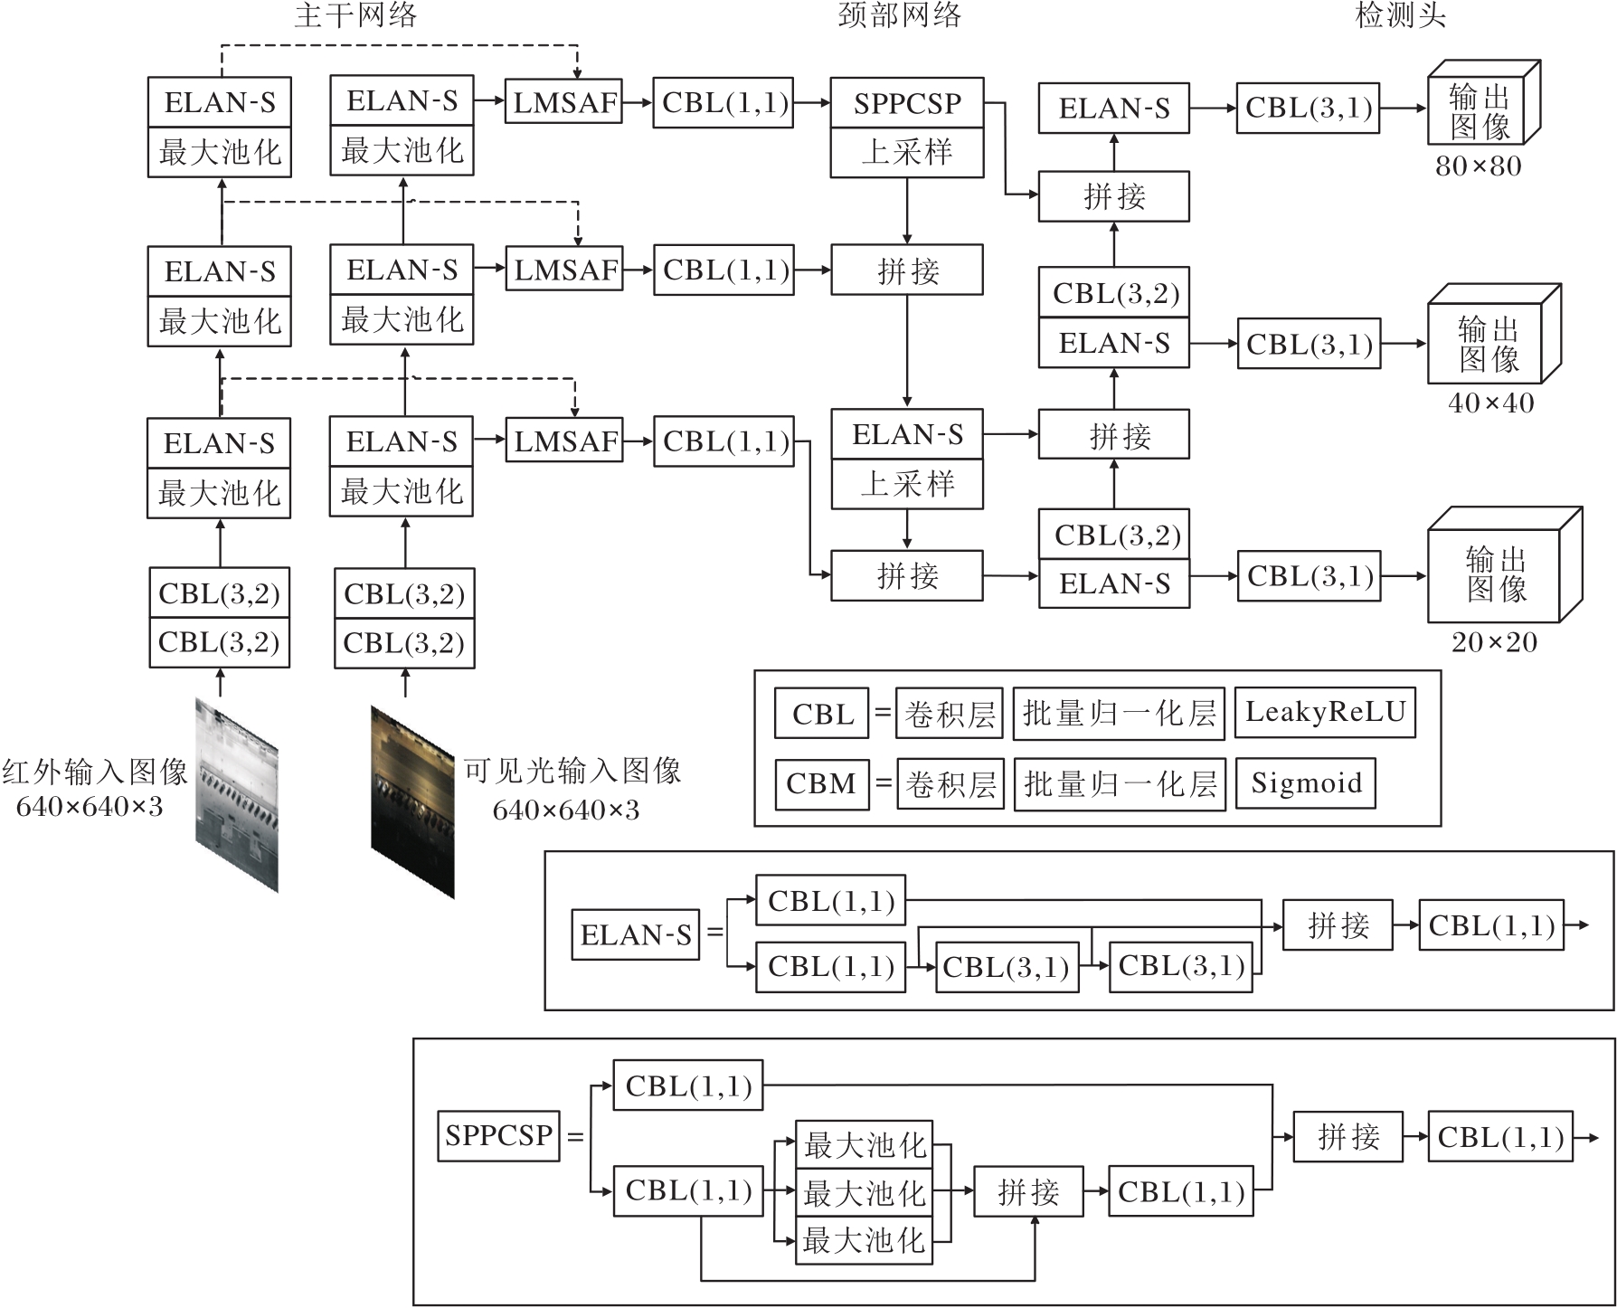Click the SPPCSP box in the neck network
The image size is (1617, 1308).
[x=906, y=103]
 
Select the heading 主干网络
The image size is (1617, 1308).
[x=355, y=15]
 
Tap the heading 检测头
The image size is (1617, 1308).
[x=1400, y=15]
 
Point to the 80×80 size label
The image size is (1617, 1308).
[x=1478, y=166]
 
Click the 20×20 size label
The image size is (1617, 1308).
[x=1494, y=642]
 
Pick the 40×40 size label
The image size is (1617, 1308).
[x=1490, y=403]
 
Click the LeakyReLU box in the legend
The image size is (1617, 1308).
[x=1325, y=713]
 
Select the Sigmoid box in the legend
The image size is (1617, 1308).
[x=1305, y=783]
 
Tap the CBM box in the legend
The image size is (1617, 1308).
[x=821, y=783]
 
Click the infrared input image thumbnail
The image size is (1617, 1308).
[x=237, y=794]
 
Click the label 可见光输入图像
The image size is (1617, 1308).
[x=572, y=771]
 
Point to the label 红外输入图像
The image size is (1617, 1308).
[x=94, y=772]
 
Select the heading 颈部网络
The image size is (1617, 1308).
[x=899, y=15]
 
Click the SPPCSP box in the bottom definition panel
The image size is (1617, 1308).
[x=498, y=1135]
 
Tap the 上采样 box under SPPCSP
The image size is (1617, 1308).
[x=906, y=152]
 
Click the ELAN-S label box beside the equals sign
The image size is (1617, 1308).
[x=636, y=934]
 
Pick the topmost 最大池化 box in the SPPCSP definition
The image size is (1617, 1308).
[x=864, y=1145]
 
